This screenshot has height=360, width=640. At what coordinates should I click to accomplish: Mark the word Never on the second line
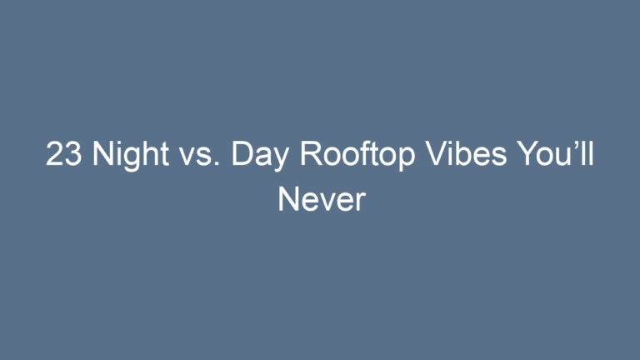pyautogui.click(x=321, y=199)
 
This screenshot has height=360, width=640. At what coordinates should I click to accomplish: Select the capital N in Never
pyautogui.click(x=287, y=199)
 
